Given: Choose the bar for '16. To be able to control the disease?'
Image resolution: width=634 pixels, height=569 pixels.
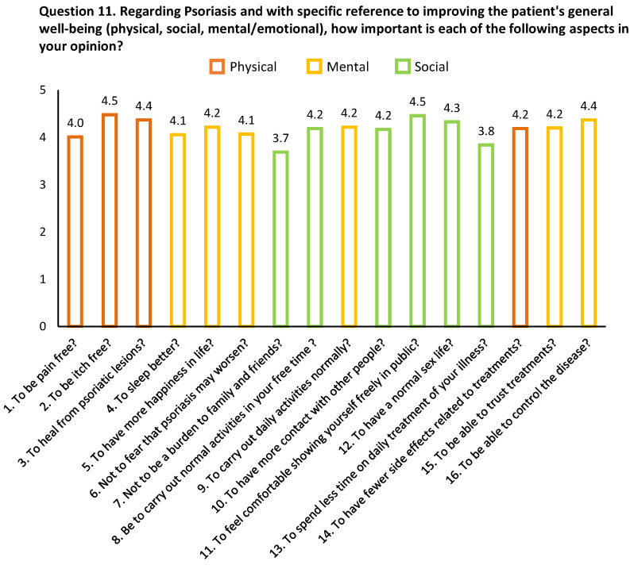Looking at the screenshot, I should [589, 223].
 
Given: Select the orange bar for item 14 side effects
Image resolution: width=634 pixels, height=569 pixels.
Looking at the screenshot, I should [520, 227].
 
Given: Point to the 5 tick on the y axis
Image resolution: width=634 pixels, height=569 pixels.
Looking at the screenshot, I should [42, 90].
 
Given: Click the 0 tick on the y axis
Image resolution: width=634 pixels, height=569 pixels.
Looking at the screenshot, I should [42, 326].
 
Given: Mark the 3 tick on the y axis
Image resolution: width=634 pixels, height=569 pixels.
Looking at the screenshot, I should [42, 185].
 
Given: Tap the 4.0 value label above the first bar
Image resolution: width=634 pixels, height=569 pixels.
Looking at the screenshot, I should [75, 123].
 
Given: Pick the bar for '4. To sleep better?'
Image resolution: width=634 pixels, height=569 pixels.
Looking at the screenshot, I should [178, 230].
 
